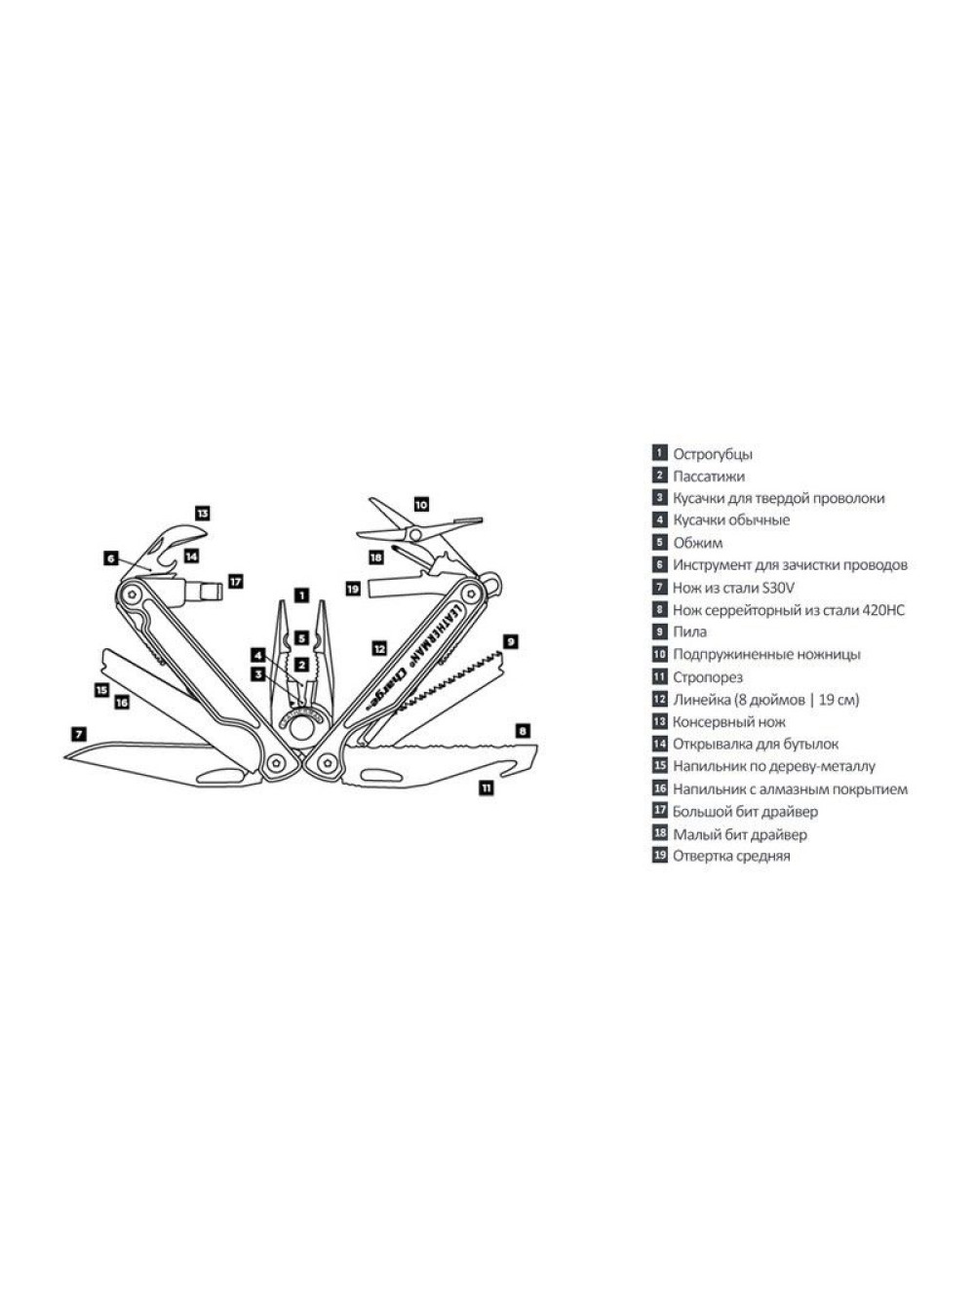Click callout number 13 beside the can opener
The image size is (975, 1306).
point(203,513)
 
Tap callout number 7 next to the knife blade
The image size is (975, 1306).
point(78,734)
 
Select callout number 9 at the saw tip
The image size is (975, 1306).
point(510,641)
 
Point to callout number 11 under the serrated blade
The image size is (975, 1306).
point(486,788)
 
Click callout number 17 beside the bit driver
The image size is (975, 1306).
point(236,581)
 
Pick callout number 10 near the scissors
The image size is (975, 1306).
point(421,505)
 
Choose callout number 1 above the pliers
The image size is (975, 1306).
point(302,595)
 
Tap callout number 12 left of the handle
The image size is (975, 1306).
point(379,648)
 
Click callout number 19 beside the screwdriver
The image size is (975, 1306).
point(353,589)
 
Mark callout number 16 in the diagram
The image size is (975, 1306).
point(122,702)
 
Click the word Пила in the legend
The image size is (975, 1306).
point(689,632)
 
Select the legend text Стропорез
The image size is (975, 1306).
point(708,677)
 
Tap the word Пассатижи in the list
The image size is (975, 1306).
point(709,477)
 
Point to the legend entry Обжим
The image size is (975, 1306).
point(698,543)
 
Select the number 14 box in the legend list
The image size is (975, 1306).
point(659,743)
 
